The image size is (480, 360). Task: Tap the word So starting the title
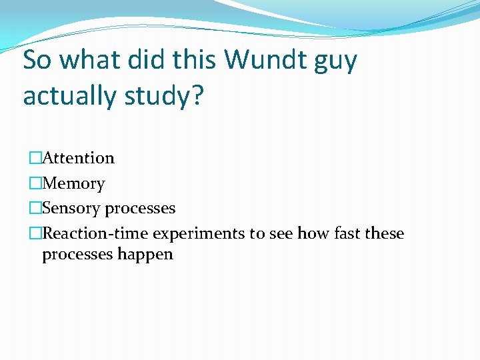[39, 60]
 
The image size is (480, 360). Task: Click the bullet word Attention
[78, 158]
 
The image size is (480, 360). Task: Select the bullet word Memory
[73, 183]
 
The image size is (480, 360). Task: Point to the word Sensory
[71, 209]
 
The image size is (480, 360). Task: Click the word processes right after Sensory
[140, 209]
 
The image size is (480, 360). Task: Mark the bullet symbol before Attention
[35, 158]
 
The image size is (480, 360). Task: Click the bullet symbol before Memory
[35, 183]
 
